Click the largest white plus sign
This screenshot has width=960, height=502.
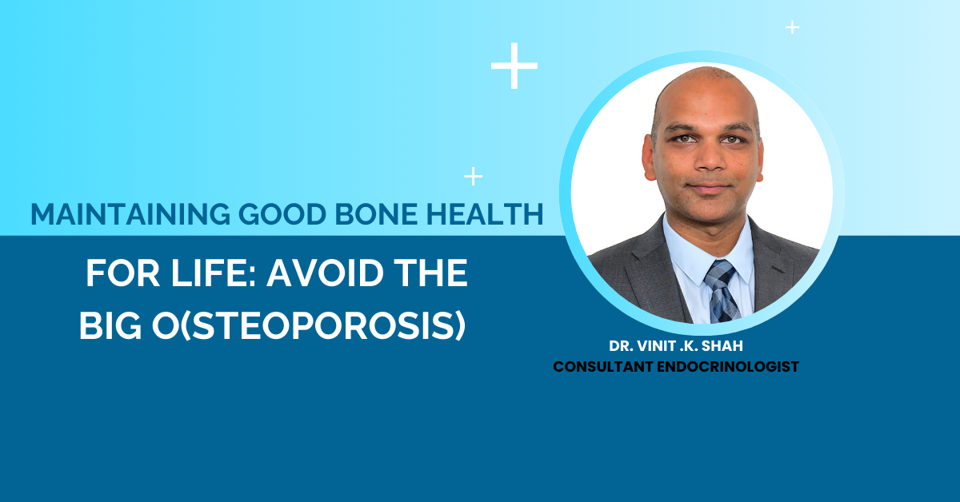tap(514, 66)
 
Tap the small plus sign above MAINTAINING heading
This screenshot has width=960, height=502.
tap(474, 176)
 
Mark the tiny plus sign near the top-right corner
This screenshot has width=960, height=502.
tap(792, 27)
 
